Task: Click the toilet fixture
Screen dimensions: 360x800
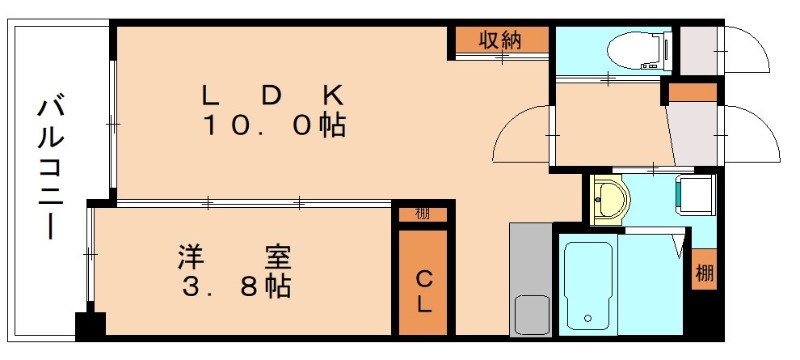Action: [637, 48]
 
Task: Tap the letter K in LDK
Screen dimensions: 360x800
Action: [332, 95]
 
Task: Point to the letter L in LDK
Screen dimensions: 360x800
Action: [211, 95]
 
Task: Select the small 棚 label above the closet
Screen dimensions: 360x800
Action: [423, 214]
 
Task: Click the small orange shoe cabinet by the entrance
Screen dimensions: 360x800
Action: [693, 93]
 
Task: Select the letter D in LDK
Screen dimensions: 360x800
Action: [272, 95]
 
